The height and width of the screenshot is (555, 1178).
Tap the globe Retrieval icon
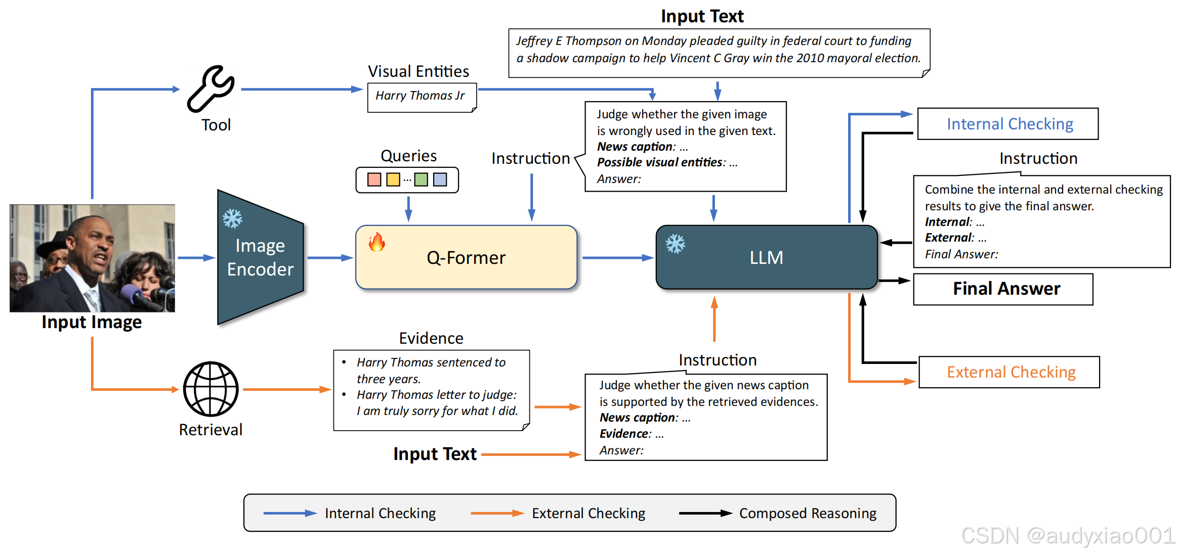(211, 389)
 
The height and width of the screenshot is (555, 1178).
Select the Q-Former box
(466, 257)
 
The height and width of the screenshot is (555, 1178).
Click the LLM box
(766, 257)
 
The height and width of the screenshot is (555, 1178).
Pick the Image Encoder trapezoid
(260, 257)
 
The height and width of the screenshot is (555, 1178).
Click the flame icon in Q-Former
(376, 242)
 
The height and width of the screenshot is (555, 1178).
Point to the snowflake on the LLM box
(675, 244)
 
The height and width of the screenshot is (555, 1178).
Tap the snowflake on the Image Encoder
(232, 218)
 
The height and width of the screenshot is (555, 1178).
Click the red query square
(374, 179)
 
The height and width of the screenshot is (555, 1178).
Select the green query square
(421, 179)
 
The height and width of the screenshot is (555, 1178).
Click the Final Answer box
(1003, 289)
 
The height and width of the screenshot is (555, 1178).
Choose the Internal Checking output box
(1007, 124)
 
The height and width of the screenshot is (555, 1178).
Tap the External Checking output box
(1009, 372)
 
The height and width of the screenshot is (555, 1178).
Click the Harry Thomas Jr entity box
(422, 97)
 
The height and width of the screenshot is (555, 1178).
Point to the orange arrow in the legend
(497, 513)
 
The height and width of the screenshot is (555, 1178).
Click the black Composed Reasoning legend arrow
(705, 513)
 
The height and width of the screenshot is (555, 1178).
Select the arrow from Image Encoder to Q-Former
(330, 258)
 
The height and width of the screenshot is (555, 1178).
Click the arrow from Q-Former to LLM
(618, 258)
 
